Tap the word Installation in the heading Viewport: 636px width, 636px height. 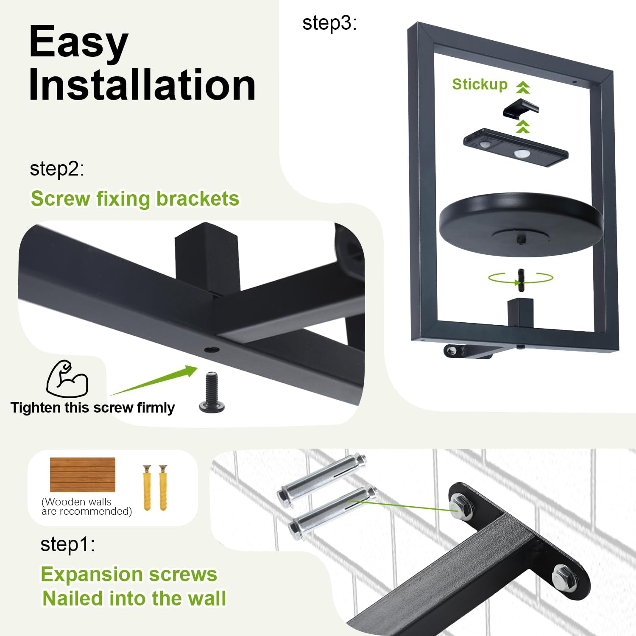[142, 85]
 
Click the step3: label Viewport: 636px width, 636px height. [329, 23]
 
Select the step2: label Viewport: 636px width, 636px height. [57, 169]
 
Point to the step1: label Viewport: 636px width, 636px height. [67, 544]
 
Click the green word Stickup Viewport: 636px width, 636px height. [480, 84]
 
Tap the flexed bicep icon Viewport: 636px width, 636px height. [67, 379]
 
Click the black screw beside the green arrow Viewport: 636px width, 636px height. [212, 392]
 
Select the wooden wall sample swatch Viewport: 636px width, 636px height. [83, 475]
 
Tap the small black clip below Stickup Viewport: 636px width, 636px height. [521, 108]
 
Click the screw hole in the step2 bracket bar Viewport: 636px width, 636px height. [212, 350]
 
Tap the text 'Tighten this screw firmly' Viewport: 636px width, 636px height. [92, 407]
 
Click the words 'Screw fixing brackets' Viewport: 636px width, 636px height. [135, 199]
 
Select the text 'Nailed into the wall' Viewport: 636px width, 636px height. [134, 599]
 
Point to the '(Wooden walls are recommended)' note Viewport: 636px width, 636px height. [87, 506]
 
